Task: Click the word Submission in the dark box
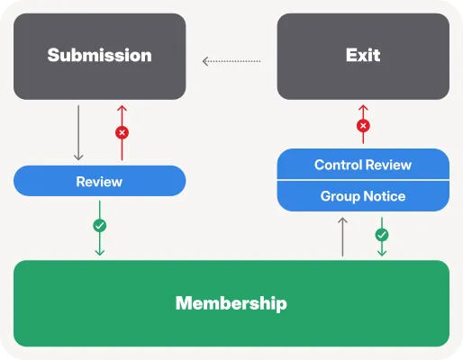(x=99, y=55)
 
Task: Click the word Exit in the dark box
(x=363, y=55)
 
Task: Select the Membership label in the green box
(x=231, y=303)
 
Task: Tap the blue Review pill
(x=100, y=181)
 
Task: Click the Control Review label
(x=363, y=165)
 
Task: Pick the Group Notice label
(x=363, y=196)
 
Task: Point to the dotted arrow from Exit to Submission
(x=231, y=61)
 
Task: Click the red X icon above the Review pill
(x=122, y=132)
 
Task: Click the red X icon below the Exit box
(x=363, y=126)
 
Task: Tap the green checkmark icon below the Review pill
(x=100, y=226)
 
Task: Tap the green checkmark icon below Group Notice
(x=382, y=235)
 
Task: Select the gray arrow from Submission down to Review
(x=78, y=132)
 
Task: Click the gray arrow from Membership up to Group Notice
(x=342, y=237)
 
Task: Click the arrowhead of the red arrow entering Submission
(x=122, y=108)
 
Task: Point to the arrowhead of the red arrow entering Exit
(x=363, y=107)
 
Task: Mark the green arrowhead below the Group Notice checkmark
(x=382, y=253)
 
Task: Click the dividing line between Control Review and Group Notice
(x=363, y=180)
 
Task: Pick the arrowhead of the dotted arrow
(x=205, y=61)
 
